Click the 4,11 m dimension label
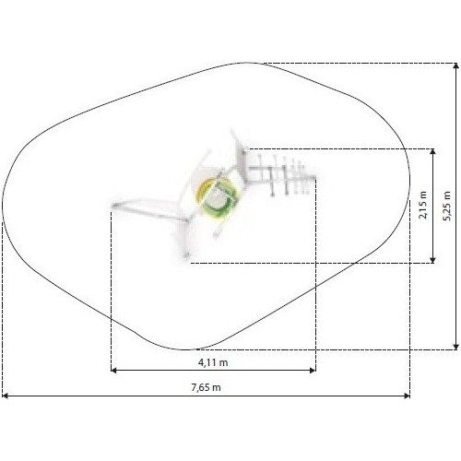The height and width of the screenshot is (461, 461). point(213,362)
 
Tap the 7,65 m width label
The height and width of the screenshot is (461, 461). point(206,387)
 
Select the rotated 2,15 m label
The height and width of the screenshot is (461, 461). point(423,205)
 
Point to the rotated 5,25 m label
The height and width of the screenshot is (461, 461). point(447,206)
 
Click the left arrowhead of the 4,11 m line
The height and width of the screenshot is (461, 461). point(113,370)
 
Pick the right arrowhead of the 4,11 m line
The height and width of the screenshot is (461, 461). point(313,370)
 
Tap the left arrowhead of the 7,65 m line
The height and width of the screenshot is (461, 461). point(5,396)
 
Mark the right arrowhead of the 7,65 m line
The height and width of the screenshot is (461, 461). point(407,396)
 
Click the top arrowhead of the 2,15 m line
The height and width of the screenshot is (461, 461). point(432,152)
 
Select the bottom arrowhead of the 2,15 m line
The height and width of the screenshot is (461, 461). point(432,260)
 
